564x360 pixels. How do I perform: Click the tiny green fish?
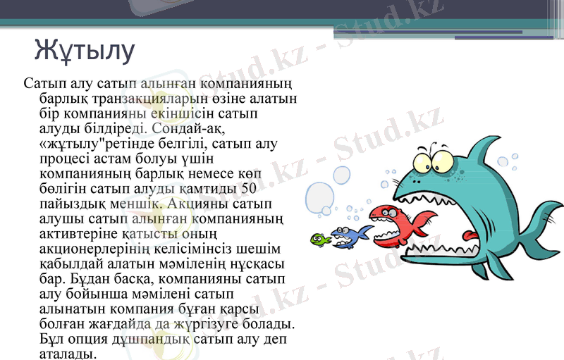coord(321,240)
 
